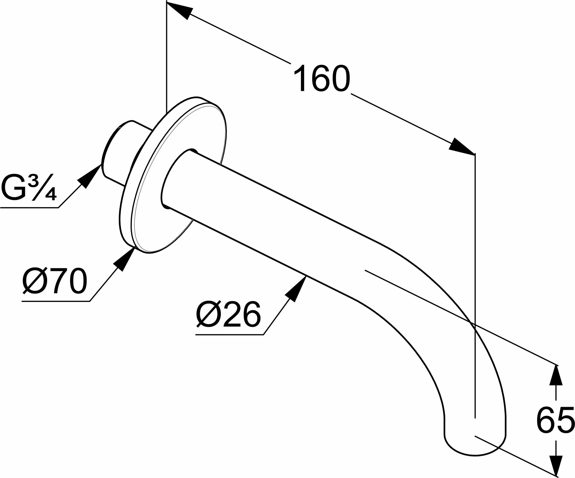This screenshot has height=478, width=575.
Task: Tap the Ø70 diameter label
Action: pyautogui.click(x=55, y=281)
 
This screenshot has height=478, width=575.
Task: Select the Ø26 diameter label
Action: pyautogui.click(x=229, y=314)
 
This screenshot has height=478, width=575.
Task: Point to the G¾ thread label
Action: pyautogui.click(x=29, y=188)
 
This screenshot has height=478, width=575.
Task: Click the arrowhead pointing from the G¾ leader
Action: pyautogui.click(x=91, y=176)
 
